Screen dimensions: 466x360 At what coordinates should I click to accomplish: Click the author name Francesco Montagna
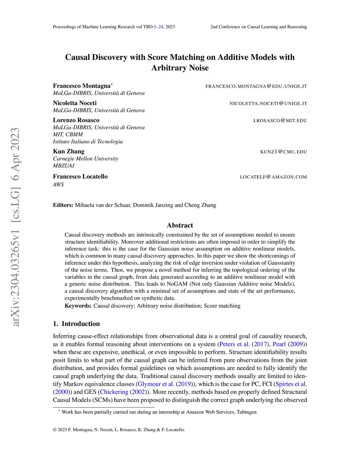pos(82,86)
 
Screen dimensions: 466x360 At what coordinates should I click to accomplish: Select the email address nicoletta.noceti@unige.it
pos(268,103)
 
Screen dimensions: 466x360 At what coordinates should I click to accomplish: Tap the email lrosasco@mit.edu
pos(280,121)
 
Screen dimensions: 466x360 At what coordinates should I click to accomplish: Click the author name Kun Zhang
pos(69,151)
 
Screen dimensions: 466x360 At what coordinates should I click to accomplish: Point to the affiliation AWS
pos(58,184)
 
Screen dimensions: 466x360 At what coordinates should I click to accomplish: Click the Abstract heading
pos(180,225)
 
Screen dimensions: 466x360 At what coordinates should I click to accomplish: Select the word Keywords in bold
pos(78,306)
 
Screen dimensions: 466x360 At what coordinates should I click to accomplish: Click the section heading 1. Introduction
pos(76,324)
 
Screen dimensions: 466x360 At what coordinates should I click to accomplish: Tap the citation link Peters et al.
pos(234,344)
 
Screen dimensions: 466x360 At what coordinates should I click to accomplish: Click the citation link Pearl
pos(279,344)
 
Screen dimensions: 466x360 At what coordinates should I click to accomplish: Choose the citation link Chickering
pos(114,392)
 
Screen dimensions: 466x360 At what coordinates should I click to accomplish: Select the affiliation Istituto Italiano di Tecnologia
pos(88,141)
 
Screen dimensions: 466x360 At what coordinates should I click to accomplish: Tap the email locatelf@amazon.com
pos(273,177)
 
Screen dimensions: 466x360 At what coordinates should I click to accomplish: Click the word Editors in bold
pos(63,205)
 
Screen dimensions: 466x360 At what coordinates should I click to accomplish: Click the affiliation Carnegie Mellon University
pos(85,159)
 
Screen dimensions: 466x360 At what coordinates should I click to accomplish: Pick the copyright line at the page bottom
pos(119,429)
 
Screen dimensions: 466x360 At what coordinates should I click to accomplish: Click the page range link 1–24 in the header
pos(159,27)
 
